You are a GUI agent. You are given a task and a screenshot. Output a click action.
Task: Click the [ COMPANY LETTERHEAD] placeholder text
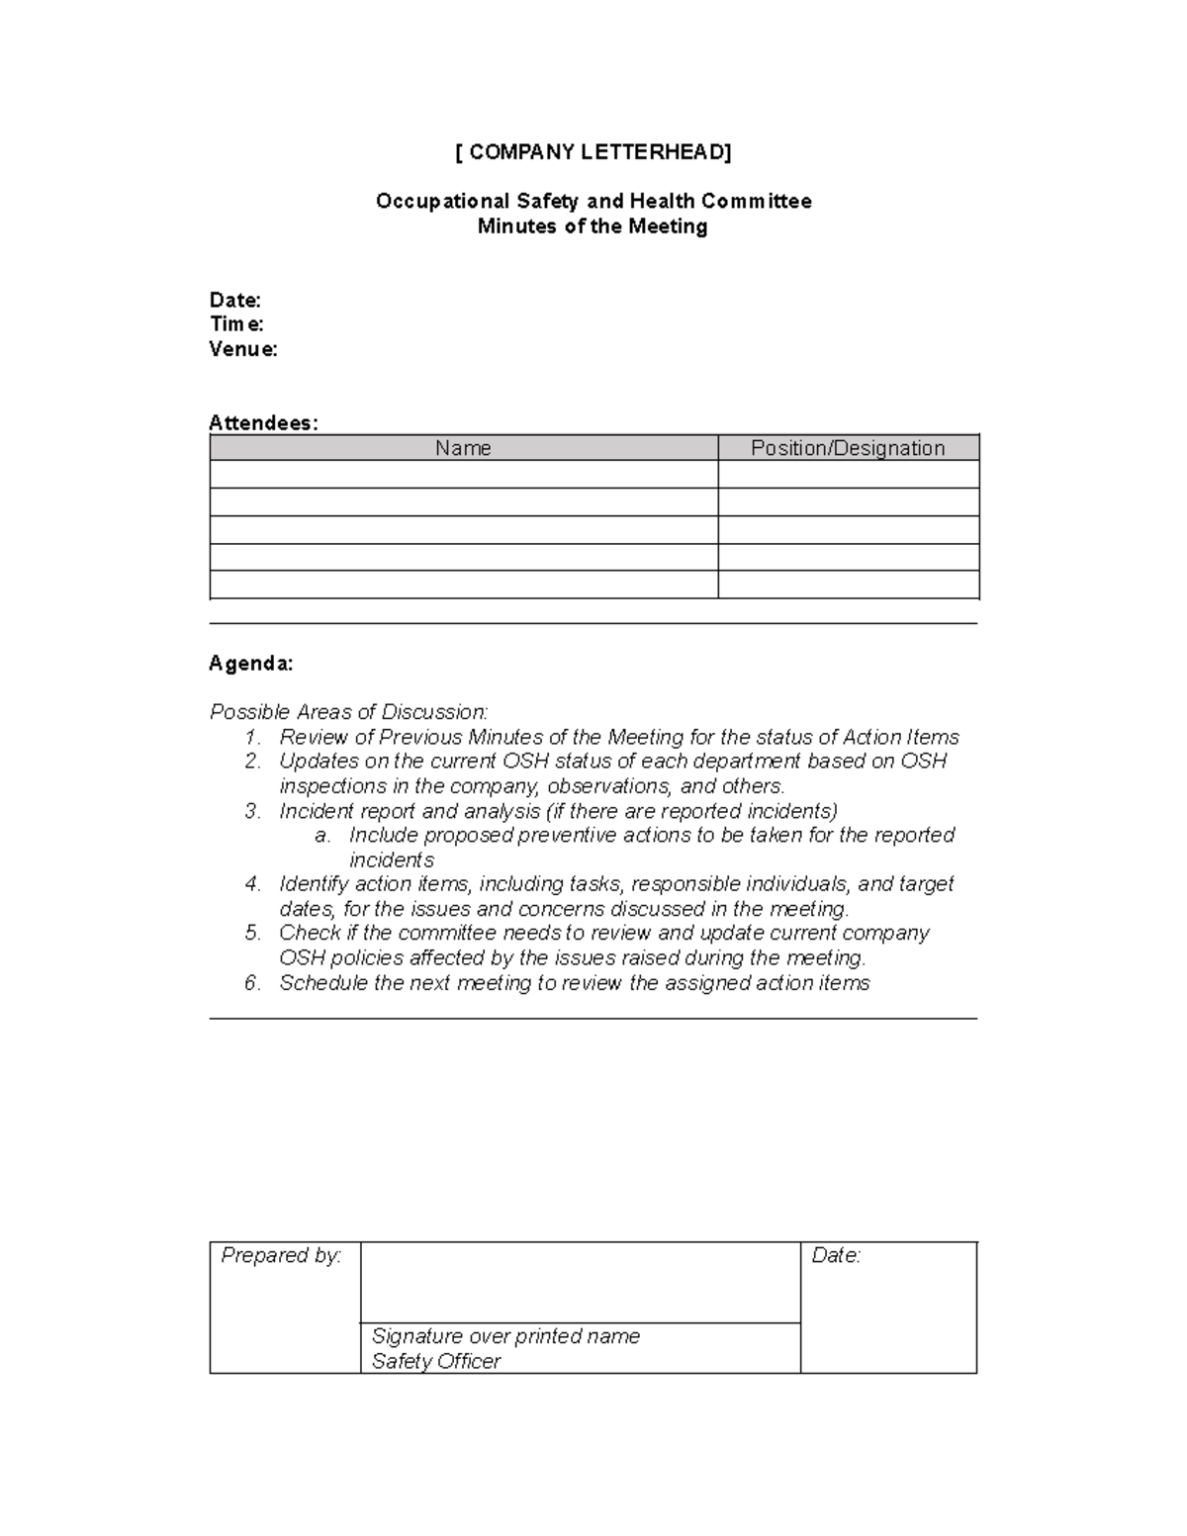click(x=593, y=152)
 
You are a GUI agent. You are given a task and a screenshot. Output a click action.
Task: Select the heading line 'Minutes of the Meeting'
click(x=593, y=226)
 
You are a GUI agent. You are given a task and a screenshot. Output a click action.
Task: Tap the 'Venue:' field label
click(x=243, y=349)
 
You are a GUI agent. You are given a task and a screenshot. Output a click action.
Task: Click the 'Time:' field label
click(x=236, y=324)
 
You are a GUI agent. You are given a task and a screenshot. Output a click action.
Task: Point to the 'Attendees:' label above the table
click(x=264, y=423)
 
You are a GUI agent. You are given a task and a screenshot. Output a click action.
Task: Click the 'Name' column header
click(x=463, y=448)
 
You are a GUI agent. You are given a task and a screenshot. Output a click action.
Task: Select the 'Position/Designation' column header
click(x=848, y=448)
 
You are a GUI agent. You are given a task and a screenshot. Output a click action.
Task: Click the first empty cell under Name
click(x=463, y=475)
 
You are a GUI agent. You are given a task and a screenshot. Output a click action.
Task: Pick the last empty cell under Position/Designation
click(x=848, y=585)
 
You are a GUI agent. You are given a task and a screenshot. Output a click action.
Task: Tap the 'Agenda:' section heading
click(x=251, y=664)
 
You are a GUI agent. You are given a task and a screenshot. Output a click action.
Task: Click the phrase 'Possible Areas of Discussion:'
click(x=349, y=712)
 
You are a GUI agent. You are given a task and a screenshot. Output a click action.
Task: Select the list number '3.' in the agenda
click(x=253, y=811)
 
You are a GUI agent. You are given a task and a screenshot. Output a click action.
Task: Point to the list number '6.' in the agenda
click(x=253, y=983)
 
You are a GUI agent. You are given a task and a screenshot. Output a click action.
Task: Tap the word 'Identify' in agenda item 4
click(x=314, y=884)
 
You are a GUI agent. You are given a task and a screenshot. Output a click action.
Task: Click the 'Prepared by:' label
click(x=281, y=1256)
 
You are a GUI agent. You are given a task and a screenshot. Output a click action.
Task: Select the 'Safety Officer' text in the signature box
click(x=436, y=1361)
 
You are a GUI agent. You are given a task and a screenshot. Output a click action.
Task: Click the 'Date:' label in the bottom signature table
click(x=836, y=1256)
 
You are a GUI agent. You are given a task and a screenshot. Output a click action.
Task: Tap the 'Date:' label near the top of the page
click(x=235, y=301)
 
